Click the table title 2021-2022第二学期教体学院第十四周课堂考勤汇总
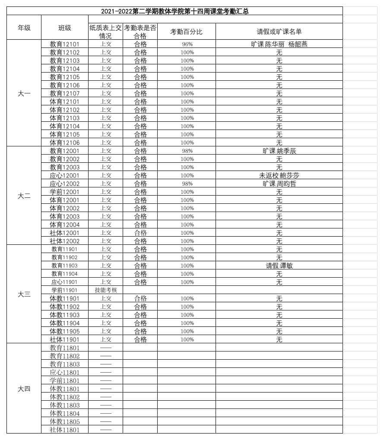coord(175,11)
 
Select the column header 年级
coord(24,28)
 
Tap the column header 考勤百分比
coord(187,32)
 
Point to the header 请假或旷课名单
coord(279,32)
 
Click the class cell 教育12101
coord(65,44)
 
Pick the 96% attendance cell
coord(187,44)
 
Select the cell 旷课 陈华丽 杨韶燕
coord(279,44)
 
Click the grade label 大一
coord(24,93)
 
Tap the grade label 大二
coord(24,196)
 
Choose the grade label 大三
coord(24,294)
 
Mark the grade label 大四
coord(24,389)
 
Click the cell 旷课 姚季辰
coord(279,151)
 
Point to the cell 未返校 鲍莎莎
coord(279,175)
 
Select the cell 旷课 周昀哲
coord(279,184)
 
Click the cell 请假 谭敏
coord(279,266)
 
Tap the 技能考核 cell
coord(106,290)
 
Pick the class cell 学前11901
coord(65,290)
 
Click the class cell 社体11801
coord(65,430)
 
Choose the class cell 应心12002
coord(65,184)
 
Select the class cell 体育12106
coord(65,142)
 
